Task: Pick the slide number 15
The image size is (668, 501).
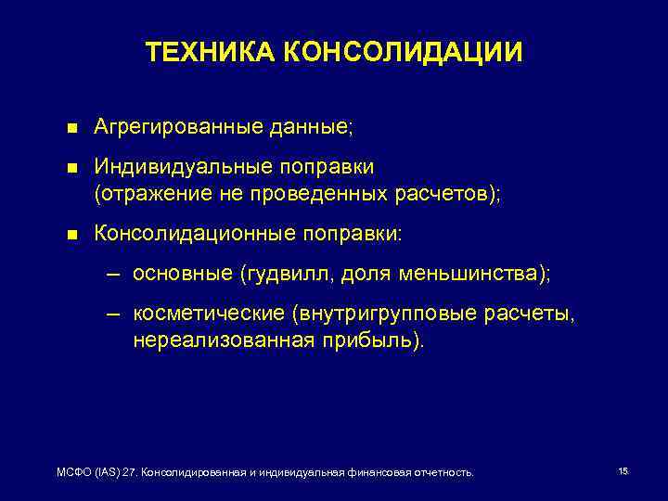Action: pos(623,471)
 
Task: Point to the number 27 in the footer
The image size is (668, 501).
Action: pos(129,472)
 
